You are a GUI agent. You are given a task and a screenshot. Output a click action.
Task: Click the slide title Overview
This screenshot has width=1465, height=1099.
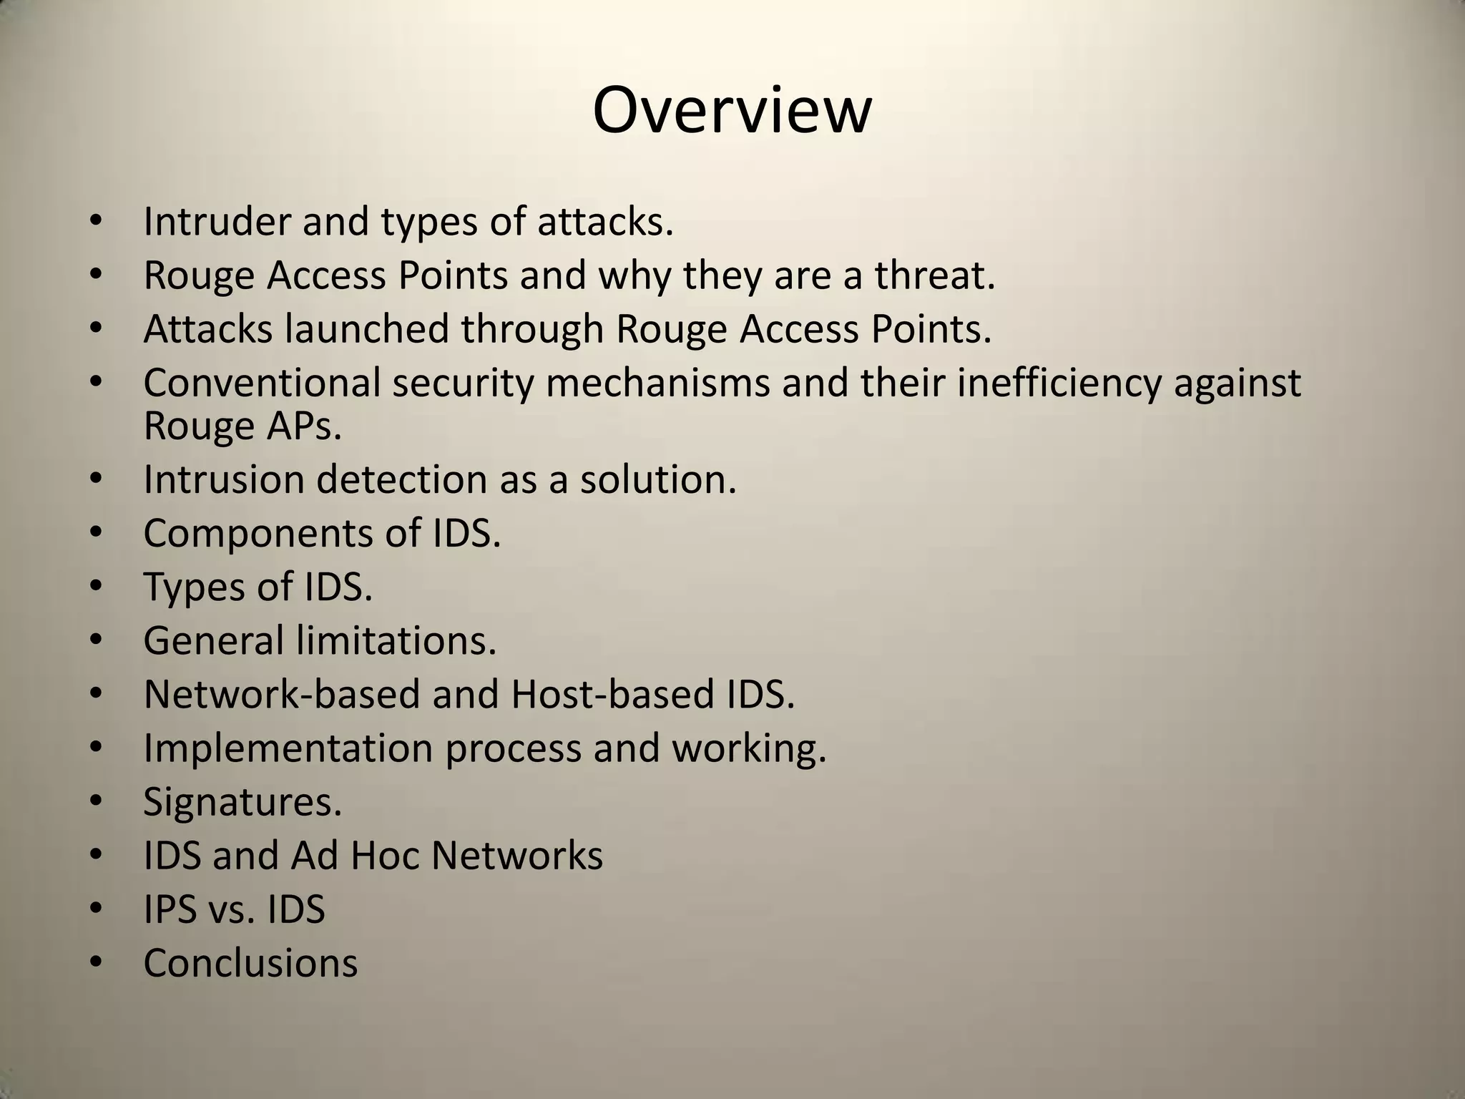point(732,111)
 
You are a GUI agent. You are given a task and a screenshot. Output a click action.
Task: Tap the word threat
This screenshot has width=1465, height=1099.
point(934,275)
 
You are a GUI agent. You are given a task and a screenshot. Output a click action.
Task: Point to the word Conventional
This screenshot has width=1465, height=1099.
point(261,383)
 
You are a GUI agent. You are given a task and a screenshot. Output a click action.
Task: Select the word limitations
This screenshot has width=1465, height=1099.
point(396,640)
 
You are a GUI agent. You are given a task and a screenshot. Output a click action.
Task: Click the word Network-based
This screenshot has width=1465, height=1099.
point(281,694)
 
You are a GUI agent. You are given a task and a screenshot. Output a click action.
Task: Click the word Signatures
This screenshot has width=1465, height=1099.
point(242,802)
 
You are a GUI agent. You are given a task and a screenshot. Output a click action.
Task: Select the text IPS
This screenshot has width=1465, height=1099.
point(170,909)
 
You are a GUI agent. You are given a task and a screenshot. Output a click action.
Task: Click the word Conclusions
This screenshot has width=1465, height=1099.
point(250,963)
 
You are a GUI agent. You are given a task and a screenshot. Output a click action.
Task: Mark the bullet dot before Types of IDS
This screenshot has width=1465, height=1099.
point(97,587)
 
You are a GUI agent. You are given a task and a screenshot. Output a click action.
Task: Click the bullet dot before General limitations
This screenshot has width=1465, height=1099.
point(97,640)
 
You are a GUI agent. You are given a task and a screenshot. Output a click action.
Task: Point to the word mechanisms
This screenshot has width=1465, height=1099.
point(657,383)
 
